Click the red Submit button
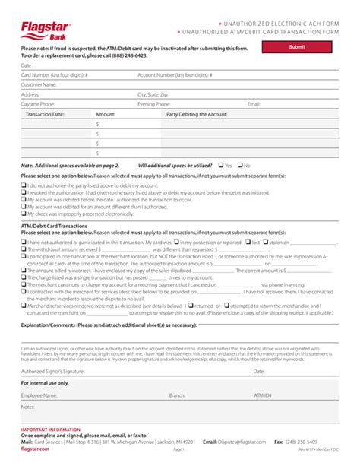(x=297, y=47)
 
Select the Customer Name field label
(x=39, y=84)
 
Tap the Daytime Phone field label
(x=38, y=103)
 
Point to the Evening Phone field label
(x=153, y=103)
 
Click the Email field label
(x=254, y=103)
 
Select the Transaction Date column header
(x=45, y=113)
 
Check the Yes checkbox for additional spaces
(x=220, y=165)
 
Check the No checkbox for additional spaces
(x=239, y=165)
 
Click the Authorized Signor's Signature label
(x=52, y=372)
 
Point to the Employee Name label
(x=39, y=395)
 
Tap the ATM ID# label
(x=263, y=395)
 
